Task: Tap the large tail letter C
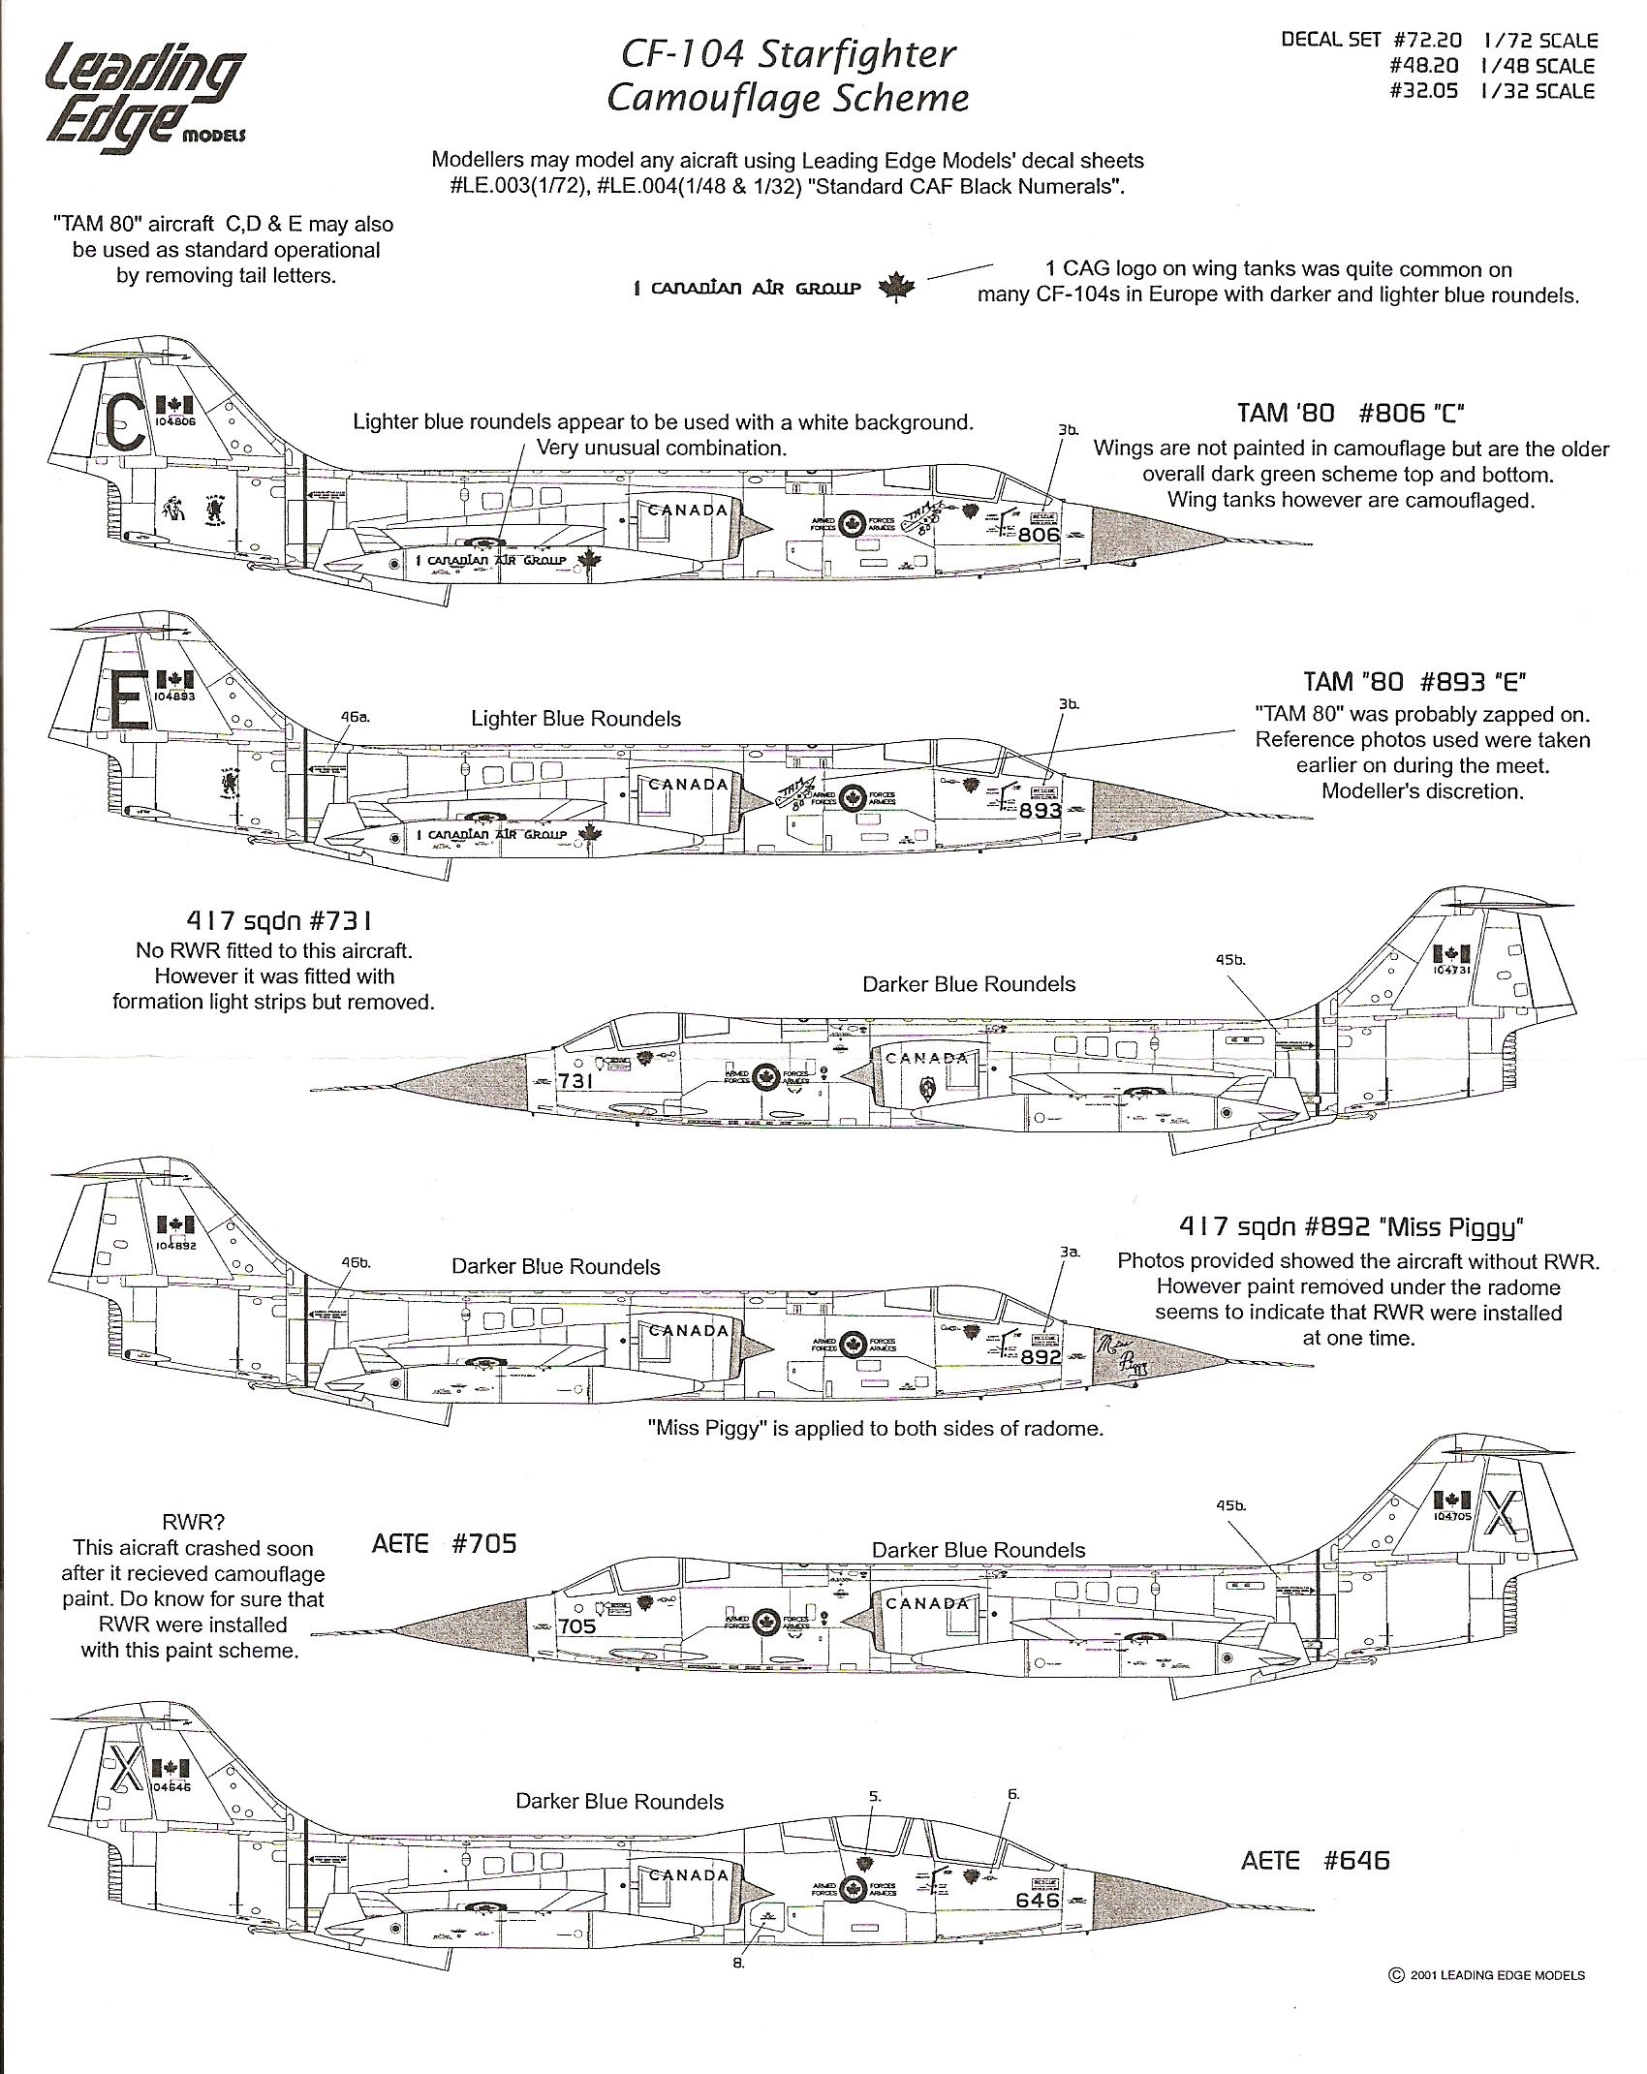(x=125, y=424)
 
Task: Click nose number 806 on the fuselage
(x=1039, y=534)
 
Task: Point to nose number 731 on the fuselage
(x=575, y=1080)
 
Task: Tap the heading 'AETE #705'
(x=444, y=1543)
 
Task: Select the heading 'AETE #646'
(x=1315, y=1860)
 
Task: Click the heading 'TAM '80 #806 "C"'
(x=1350, y=414)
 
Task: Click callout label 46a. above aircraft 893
(x=355, y=718)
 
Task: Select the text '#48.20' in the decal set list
(x=1423, y=66)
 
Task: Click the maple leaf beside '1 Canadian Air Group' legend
(x=896, y=288)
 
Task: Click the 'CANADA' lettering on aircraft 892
(x=688, y=1331)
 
